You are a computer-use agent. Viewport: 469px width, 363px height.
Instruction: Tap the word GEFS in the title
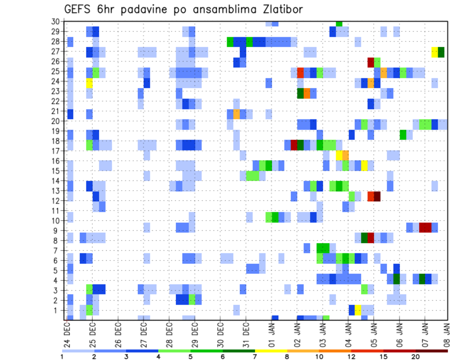point(78,9)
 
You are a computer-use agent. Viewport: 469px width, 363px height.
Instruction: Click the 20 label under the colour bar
point(416,357)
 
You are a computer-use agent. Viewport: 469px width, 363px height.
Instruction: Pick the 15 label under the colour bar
point(384,357)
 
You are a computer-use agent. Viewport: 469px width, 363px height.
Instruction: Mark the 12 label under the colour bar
point(352,357)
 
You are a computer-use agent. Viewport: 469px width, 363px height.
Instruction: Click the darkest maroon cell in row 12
point(377,196)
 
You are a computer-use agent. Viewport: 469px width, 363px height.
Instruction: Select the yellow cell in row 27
point(435,52)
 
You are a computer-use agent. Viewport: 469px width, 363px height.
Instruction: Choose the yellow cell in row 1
point(358,310)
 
